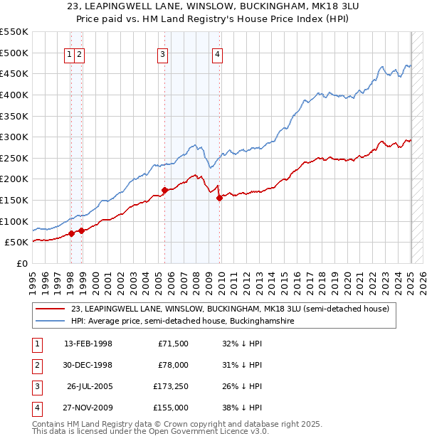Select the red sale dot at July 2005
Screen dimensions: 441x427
(165, 190)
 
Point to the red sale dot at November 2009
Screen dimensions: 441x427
(219, 198)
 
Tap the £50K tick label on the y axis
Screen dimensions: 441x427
(16, 243)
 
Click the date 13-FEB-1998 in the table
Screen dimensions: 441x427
(88, 344)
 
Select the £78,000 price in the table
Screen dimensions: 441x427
(173, 365)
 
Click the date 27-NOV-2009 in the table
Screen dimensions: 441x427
(88, 408)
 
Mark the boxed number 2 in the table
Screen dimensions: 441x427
(36, 365)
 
